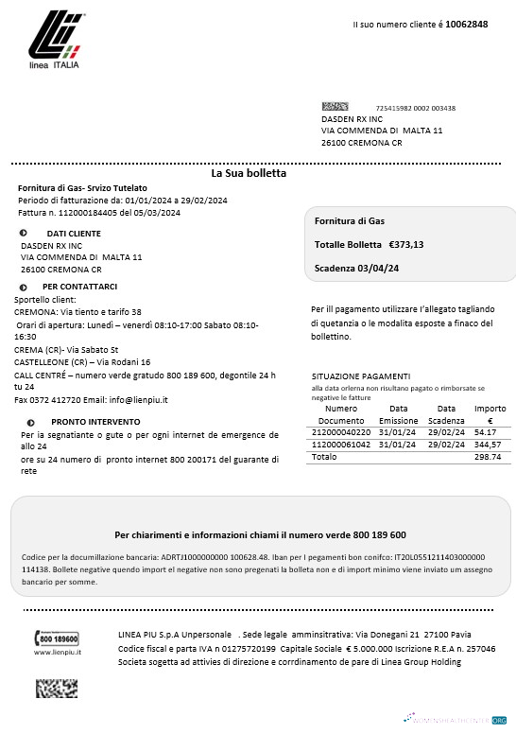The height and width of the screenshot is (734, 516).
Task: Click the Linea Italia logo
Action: (54, 43)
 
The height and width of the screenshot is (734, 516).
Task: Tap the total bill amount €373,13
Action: (406, 244)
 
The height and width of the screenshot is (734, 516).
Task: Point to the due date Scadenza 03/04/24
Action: (356, 269)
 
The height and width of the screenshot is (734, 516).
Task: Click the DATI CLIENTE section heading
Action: (74, 233)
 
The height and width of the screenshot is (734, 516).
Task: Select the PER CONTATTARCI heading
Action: (79, 286)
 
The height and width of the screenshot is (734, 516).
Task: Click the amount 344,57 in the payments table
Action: (488, 444)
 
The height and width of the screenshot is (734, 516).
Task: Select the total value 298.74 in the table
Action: (487, 456)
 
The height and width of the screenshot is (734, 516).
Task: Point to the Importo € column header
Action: (490, 413)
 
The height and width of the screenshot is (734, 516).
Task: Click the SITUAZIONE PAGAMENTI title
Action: (361, 375)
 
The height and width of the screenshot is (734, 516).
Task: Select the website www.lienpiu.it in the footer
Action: (58, 653)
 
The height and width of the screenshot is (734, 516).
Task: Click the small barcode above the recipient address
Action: (335, 107)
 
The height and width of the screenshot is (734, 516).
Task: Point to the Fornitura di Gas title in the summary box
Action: (350, 220)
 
